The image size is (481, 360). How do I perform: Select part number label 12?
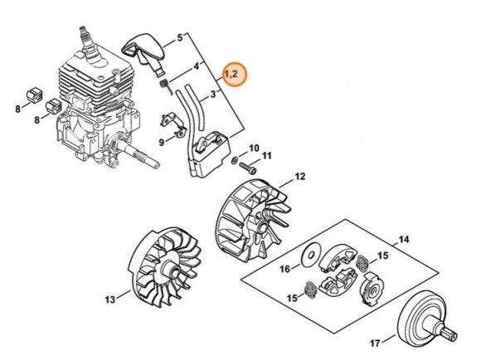[300, 176]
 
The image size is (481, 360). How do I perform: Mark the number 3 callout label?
[213, 95]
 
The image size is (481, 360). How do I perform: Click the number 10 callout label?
[255, 147]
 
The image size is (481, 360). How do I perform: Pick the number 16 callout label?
[284, 269]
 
